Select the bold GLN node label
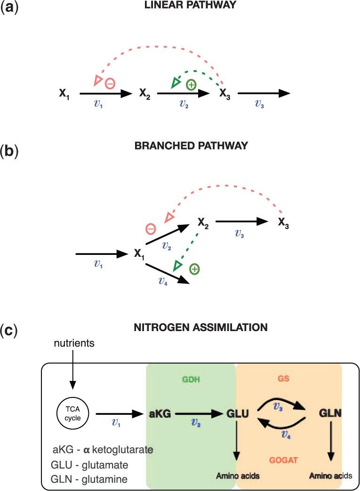(x=329, y=414)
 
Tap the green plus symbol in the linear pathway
(x=191, y=85)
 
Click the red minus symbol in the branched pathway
(x=151, y=230)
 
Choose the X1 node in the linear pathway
(x=64, y=94)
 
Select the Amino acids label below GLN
(x=330, y=476)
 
